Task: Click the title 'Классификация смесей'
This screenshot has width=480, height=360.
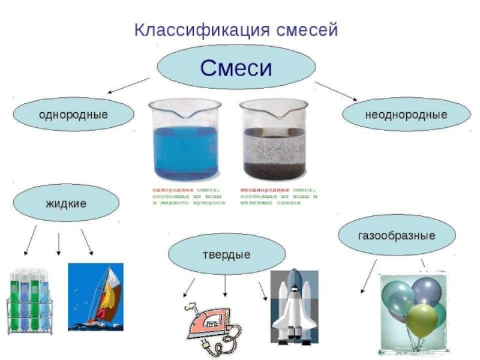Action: [x=236, y=29]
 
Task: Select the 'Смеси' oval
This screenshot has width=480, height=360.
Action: [x=236, y=67]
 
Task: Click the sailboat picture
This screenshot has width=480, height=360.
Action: [x=95, y=296]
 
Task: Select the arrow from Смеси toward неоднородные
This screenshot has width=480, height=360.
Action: [x=336, y=91]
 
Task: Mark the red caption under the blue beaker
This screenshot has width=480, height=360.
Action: [x=188, y=196]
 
